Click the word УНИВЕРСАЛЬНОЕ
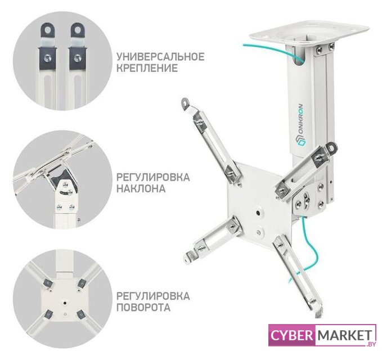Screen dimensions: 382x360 point(160,56)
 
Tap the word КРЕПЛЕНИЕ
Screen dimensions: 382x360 point(147,68)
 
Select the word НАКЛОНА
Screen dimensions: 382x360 point(141,188)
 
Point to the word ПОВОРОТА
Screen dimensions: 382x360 point(143,307)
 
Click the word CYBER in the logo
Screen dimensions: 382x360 point(291,335)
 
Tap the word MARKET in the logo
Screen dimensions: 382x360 point(345,335)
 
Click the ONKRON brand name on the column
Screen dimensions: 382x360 point(301,125)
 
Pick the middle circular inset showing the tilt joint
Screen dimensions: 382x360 point(61,180)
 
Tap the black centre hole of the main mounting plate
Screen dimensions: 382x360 point(258,213)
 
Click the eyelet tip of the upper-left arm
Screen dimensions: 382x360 point(186,102)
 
